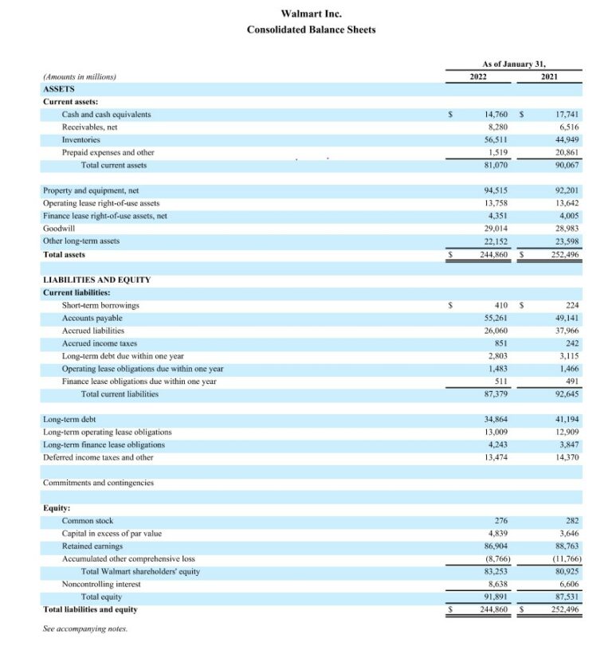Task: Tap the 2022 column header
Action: pyautogui.click(x=478, y=76)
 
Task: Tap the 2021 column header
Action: pyautogui.click(x=549, y=76)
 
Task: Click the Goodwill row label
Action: pyautogui.click(x=59, y=227)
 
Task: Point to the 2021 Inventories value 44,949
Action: pyautogui.click(x=567, y=139)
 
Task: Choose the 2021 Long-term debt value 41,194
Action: pyautogui.click(x=567, y=419)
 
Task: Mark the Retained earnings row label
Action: pyautogui.click(x=92, y=546)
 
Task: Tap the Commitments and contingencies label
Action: pyautogui.click(x=98, y=483)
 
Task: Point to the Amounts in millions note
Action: pyautogui.click(x=80, y=76)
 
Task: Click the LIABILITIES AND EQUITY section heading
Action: pyautogui.click(x=96, y=280)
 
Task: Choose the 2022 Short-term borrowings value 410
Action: pyautogui.click(x=502, y=305)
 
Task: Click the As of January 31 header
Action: pyautogui.click(x=514, y=63)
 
